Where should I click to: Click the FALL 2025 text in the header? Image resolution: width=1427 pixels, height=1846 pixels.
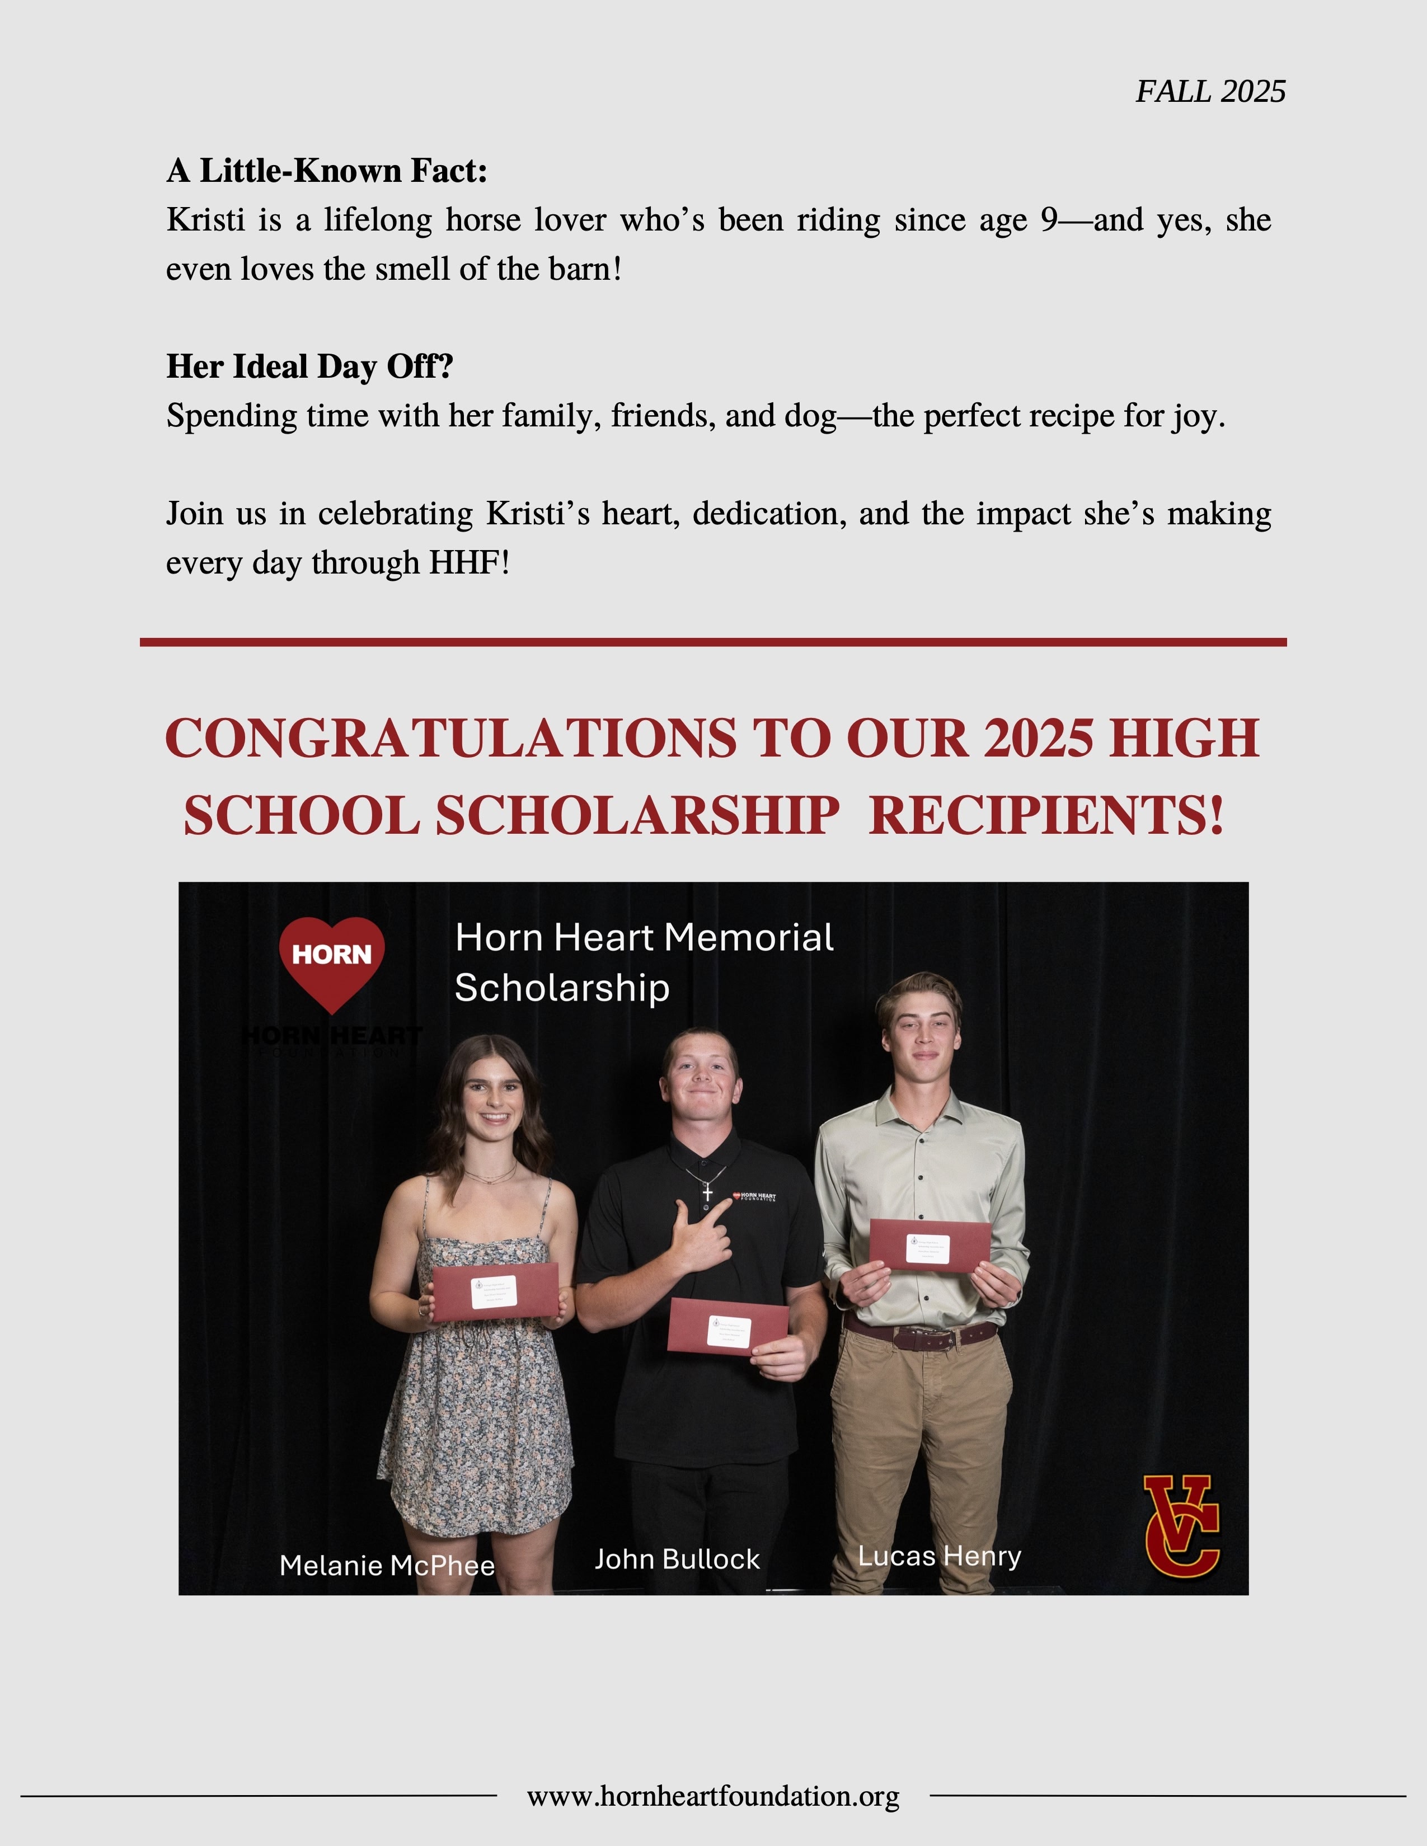[1210, 91]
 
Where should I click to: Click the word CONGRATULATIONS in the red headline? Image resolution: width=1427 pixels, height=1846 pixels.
[450, 738]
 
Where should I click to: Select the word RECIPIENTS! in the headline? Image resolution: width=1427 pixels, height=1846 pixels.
[1046, 816]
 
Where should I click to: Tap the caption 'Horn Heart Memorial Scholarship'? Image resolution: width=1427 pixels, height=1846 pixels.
[644, 962]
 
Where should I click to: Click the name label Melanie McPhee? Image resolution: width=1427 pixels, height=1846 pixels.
[387, 1566]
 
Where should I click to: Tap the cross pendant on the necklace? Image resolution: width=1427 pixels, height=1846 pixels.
[707, 1192]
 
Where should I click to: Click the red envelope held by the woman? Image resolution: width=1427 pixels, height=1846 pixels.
[495, 1291]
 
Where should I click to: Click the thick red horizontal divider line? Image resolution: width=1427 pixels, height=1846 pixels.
[712, 642]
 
